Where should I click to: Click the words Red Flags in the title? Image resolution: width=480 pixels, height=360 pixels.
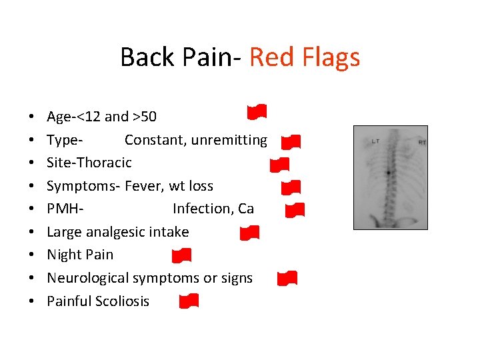pyautogui.click(x=305, y=57)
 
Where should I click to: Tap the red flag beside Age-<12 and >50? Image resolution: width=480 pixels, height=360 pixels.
pyautogui.click(x=257, y=112)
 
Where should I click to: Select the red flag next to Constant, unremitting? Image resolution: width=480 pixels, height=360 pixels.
pyautogui.click(x=291, y=141)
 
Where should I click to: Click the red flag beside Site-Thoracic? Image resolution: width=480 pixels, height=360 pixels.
pyautogui.click(x=279, y=164)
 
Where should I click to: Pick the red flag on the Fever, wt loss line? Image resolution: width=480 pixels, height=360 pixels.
pyautogui.click(x=291, y=187)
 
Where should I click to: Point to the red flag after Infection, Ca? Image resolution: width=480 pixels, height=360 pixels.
pyautogui.click(x=295, y=211)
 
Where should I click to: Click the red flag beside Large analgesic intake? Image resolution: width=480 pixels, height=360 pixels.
pyautogui.click(x=249, y=233)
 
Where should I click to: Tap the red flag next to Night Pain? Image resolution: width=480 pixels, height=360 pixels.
pyautogui.click(x=181, y=255)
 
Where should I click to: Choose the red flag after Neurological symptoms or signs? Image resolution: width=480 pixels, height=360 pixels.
pyautogui.click(x=287, y=278)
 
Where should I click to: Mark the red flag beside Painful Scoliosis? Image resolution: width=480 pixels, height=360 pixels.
pyautogui.click(x=189, y=301)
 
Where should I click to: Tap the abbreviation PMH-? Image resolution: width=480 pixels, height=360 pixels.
pyautogui.click(x=65, y=209)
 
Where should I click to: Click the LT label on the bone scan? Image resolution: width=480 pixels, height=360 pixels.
pyautogui.click(x=375, y=141)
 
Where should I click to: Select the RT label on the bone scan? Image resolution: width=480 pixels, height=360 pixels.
pyautogui.click(x=421, y=142)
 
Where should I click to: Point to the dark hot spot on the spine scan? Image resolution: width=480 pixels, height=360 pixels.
pyautogui.click(x=388, y=173)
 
